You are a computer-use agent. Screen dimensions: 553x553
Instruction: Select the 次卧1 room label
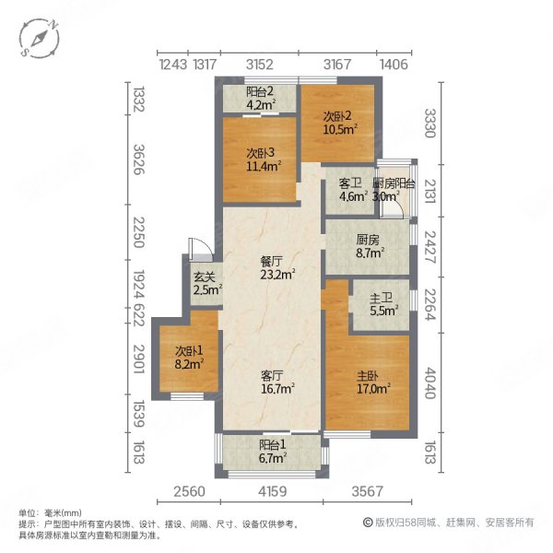[x=189, y=351]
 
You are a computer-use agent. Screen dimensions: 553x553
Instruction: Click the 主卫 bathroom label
[x=382, y=297]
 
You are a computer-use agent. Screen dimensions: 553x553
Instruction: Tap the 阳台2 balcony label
[x=261, y=91]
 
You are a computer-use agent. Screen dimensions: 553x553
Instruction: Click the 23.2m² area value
[x=276, y=275]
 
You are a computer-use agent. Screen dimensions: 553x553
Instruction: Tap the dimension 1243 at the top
[x=173, y=64]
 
